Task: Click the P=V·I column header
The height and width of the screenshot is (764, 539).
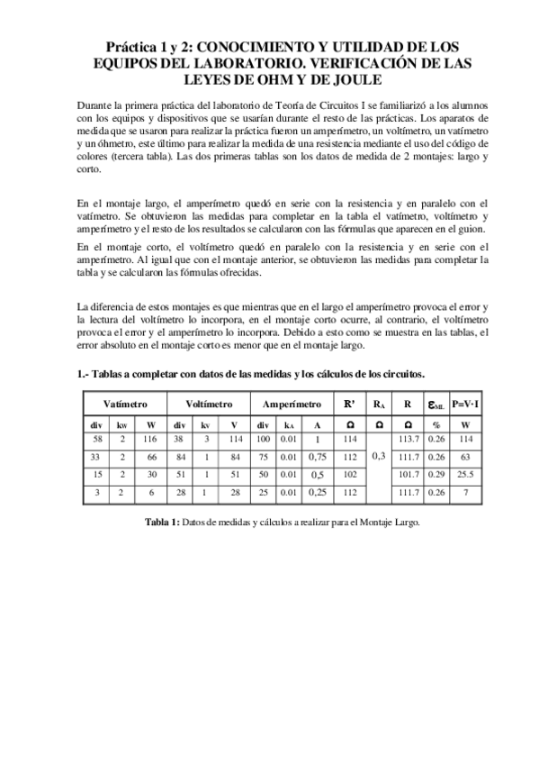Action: tap(465, 405)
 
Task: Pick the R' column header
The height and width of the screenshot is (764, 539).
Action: tap(349, 405)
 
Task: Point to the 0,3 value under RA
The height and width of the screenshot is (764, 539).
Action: tap(379, 456)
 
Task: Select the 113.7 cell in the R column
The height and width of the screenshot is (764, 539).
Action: tap(409, 439)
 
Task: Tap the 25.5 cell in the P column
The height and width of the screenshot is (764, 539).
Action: tap(465, 473)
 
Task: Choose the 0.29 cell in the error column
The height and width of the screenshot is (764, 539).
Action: tap(437, 473)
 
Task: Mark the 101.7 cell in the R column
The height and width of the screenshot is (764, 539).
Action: tap(409, 473)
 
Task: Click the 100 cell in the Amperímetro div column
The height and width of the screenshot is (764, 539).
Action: tap(263, 439)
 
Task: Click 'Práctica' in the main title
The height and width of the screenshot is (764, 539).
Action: tap(130, 44)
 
